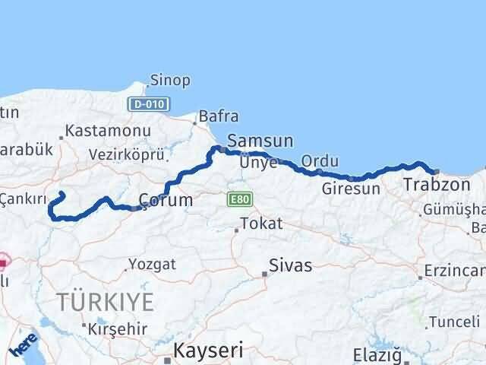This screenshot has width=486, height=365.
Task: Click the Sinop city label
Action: click(170, 80)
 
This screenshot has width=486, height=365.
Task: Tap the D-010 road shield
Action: click(149, 103)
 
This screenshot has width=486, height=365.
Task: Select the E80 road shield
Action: click(237, 199)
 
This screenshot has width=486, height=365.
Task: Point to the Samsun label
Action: click(260, 141)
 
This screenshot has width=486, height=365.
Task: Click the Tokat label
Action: click(260, 224)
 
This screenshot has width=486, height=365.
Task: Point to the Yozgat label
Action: click(152, 265)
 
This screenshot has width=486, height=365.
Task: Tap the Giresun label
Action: click(351, 189)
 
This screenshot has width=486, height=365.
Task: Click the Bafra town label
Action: click(218, 117)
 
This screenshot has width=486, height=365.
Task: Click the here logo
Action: click(24, 346)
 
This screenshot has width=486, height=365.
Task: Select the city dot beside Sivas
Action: click(265, 274)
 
